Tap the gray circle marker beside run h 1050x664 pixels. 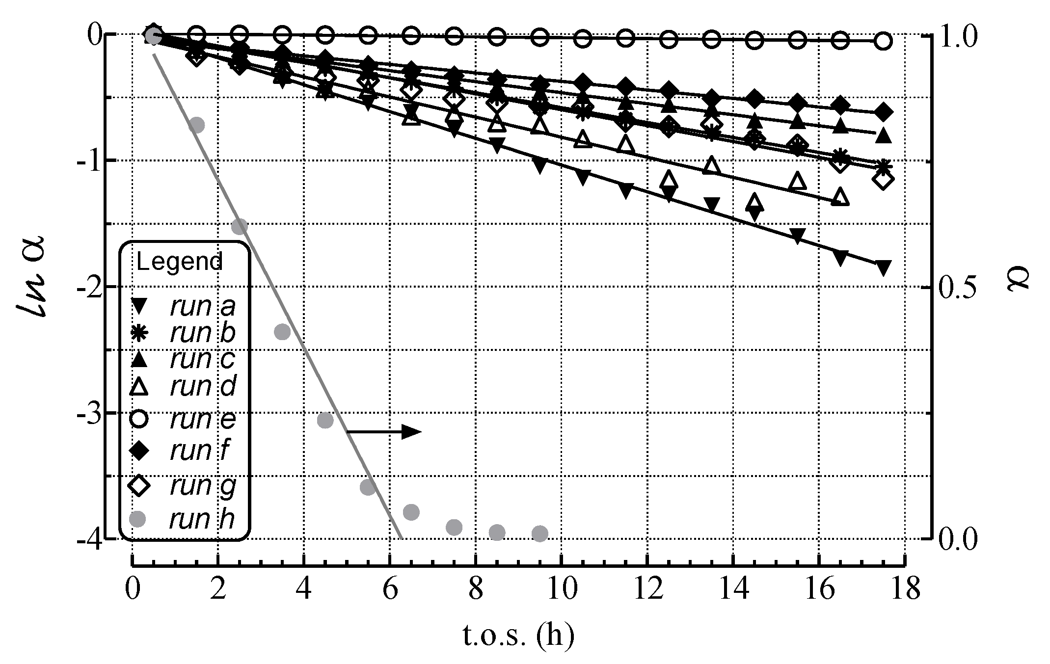click(139, 519)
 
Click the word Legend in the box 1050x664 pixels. click(179, 262)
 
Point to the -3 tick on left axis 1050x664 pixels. click(88, 413)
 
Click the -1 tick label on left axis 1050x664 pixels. click(88, 160)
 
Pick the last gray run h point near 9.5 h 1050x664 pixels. click(539, 533)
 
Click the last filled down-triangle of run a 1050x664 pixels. click(883, 268)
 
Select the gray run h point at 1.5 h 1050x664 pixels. click(196, 125)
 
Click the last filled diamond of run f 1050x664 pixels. click(883, 112)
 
